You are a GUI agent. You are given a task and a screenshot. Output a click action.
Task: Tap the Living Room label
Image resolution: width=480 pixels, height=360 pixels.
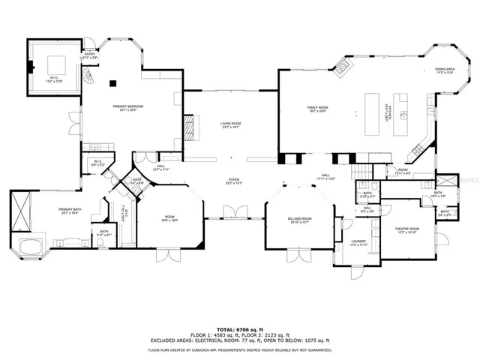pyautogui.click(x=230, y=125)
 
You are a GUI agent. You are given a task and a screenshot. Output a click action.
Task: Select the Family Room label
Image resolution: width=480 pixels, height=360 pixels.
pyautogui.click(x=318, y=109)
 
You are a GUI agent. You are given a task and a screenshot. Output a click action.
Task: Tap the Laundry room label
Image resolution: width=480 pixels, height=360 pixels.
pyautogui.click(x=358, y=243)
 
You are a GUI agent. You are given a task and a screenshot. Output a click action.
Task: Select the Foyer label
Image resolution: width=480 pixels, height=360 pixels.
pyautogui.click(x=234, y=182)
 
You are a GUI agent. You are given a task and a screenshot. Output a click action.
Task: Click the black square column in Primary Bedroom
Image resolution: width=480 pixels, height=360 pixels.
pyautogui.click(x=113, y=82)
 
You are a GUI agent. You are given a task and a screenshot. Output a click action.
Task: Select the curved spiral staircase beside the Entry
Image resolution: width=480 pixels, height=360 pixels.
pyautogui.click(x=89, y=75)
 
